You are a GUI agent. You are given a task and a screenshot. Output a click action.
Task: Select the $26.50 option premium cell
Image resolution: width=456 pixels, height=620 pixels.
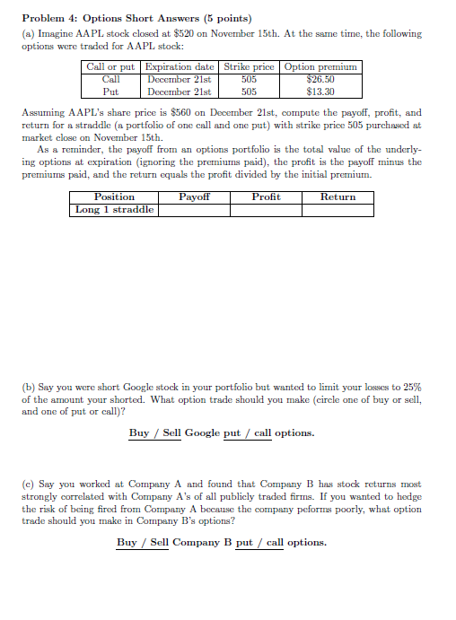[320, 79]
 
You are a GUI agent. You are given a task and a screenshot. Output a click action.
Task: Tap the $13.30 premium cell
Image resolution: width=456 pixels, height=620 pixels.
[320, 91]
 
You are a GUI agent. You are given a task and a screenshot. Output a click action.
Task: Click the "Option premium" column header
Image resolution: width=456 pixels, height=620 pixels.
[320, 66]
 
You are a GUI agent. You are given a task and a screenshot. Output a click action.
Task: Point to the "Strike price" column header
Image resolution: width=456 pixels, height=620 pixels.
[249, 66]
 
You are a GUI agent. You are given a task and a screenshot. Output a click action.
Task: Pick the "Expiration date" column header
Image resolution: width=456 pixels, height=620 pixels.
[180, 66]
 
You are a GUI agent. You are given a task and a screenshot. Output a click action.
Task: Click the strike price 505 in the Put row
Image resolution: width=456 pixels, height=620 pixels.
[249, 91]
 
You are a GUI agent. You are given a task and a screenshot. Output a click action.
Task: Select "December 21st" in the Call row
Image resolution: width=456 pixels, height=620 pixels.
[180, 79]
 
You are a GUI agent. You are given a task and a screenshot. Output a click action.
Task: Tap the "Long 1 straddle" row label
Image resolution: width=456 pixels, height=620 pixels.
[114, 209]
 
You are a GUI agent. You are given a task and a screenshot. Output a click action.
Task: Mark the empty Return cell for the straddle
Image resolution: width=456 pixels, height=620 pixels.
[338, 209]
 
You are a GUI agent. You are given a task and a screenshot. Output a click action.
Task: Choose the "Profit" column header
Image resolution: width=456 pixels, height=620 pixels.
[266, 196]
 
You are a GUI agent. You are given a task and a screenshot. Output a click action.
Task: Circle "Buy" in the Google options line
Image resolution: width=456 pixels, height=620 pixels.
[139, 432]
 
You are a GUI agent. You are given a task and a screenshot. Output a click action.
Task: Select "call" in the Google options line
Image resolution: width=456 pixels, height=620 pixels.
[263, 432]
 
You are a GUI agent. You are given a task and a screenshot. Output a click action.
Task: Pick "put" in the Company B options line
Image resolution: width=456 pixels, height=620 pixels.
[243, 542]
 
